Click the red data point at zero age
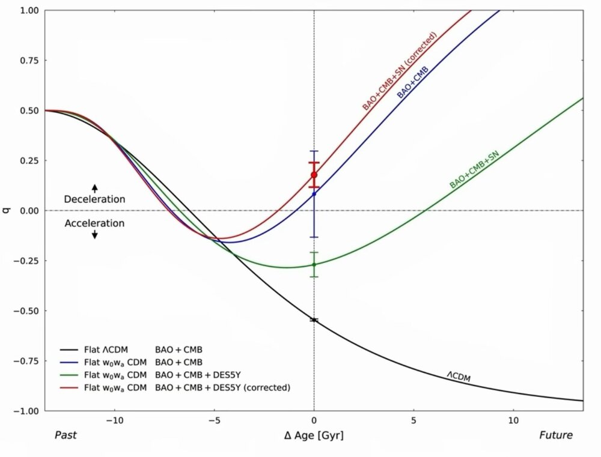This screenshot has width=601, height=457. (314, 175)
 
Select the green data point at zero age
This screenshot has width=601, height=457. (314, 265)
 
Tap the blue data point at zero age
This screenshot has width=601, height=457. (314, 193)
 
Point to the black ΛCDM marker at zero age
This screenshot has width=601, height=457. (314, 320)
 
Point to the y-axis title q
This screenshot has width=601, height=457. (7, 210)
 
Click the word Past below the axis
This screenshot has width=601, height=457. (65, 435)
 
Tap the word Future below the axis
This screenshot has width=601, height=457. (555, 435)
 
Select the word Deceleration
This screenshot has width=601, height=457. (94, 199)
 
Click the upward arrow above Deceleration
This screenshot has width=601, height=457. (94, 187)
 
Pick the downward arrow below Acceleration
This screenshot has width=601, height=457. (94, 234)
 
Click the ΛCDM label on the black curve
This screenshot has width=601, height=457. (458, 377)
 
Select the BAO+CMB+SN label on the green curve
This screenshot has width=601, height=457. (475, 170)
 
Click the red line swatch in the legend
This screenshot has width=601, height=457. (70, 387)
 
